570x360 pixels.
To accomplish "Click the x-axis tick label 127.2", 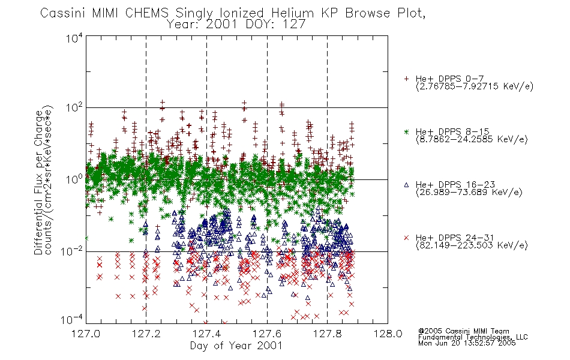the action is [146, 334].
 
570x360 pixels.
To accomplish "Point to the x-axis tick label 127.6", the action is [267, 334].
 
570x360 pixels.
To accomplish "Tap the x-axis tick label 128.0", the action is [388, 334].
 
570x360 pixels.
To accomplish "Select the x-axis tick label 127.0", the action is [86, 334].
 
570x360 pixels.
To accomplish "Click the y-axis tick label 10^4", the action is [74, 38].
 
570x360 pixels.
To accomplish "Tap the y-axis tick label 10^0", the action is [74, 179].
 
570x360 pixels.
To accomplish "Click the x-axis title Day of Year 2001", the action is [236, 346].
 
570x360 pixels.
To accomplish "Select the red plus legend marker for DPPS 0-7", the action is [407, 79].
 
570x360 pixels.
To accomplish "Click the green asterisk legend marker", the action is [407, 132].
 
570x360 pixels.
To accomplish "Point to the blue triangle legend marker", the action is [407, 185].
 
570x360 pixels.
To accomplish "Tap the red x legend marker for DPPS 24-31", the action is [407, 238].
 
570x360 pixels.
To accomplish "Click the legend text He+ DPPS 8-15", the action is [452, 131].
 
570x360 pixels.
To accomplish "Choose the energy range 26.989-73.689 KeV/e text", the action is [469, 192].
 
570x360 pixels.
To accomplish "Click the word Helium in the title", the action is [292, 13].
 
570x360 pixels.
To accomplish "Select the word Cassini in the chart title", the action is [63, 13].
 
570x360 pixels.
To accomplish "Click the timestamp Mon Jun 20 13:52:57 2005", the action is [467, 343].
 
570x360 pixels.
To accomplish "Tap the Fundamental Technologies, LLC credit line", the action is [473, 337].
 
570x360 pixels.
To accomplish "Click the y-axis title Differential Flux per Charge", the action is [38, 182].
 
